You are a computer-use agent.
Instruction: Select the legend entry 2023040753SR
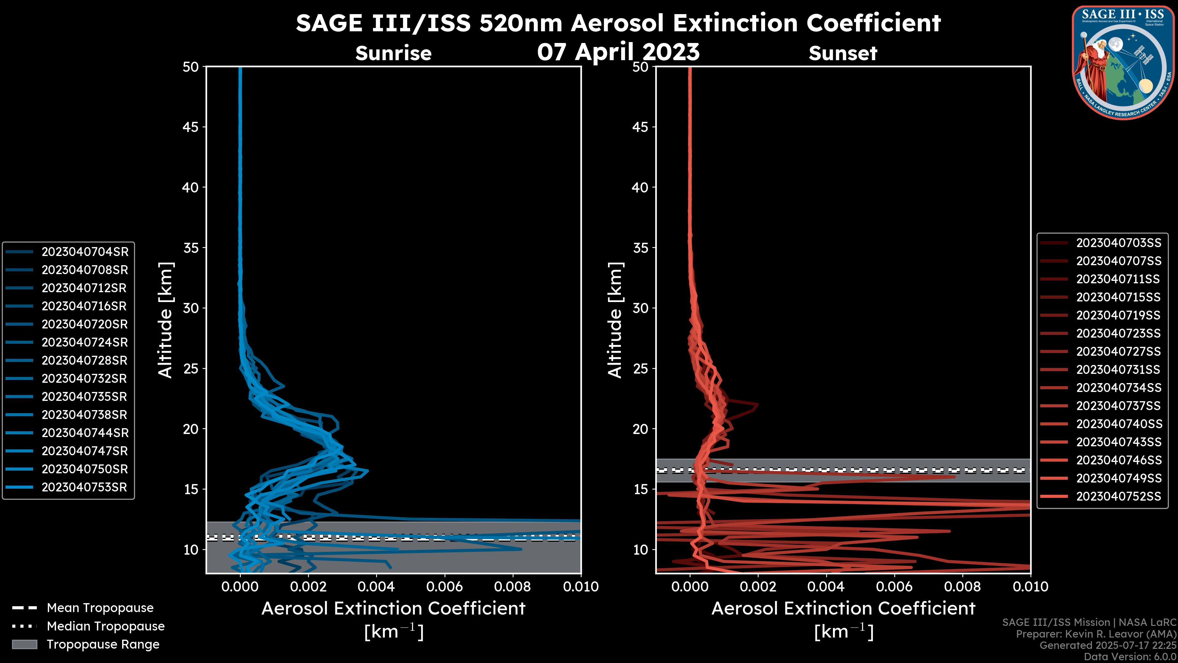click(84, 487)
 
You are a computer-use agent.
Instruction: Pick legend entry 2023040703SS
click(1118, 243)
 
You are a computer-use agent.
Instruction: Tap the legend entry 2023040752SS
click(1118, 496)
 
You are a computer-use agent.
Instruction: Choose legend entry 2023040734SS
click(1118, 388)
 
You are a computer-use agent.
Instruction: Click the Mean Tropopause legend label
click(100, 608)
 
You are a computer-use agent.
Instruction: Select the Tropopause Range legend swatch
click(24, 644)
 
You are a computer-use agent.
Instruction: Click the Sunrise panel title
click(393, 53)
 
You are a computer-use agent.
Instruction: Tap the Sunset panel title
click(843, 53)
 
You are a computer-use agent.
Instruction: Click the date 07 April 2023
click(618, 51)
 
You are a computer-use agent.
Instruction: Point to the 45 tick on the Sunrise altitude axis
click(191, 127)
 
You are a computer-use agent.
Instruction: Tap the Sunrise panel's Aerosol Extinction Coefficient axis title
click(393, 609)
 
